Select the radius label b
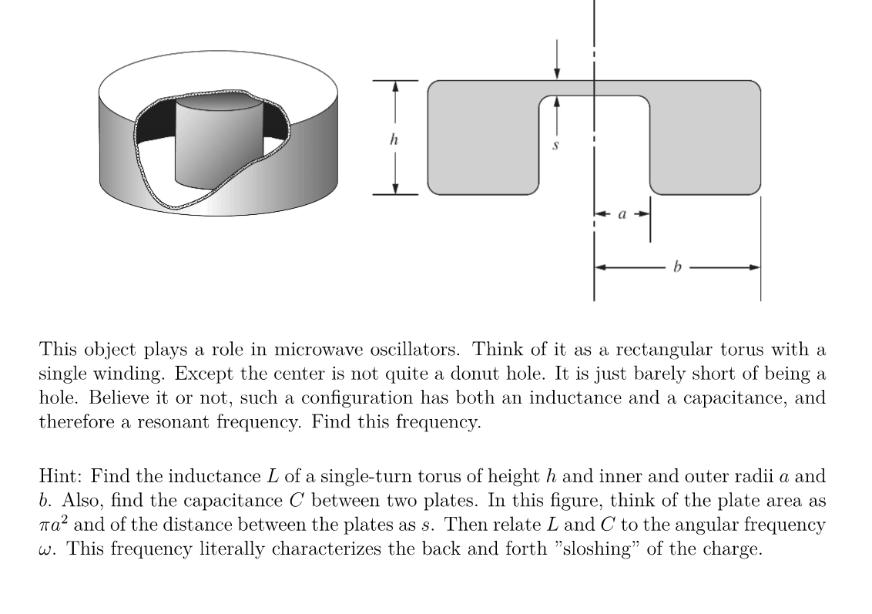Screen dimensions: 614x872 (x=677, y=268)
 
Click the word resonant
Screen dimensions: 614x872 (x=176, y=424)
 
